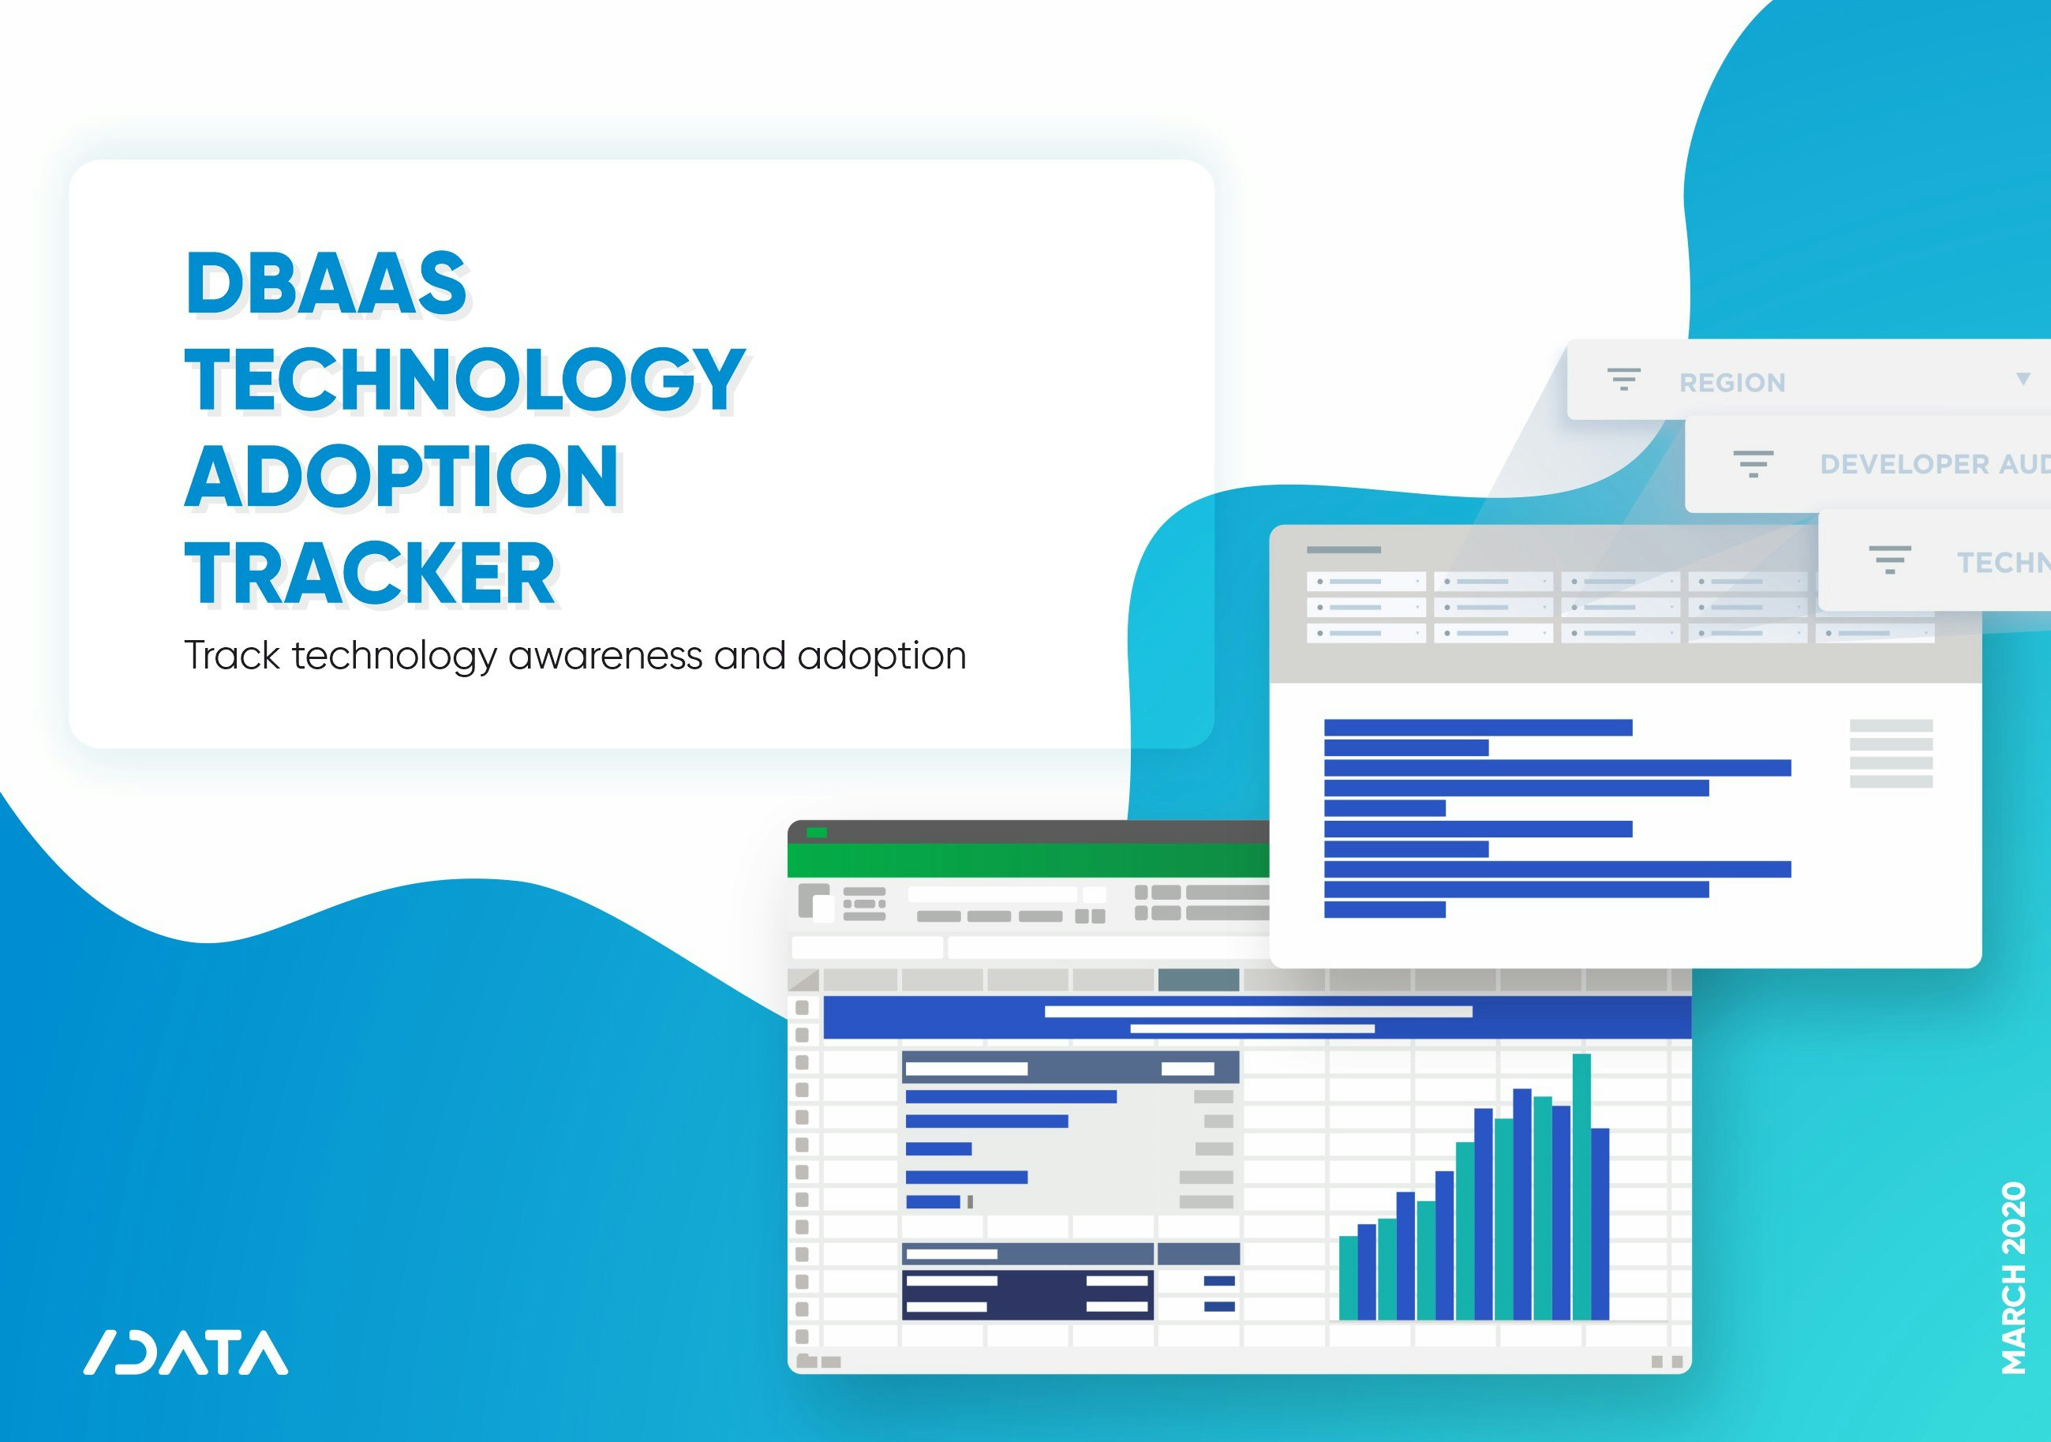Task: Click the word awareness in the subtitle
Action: pyautogui.click(x=605, y=656)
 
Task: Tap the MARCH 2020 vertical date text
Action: pyautogui.click(x=2013, y=1278)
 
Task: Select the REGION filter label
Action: pyautogui.click(x=1732, y=382)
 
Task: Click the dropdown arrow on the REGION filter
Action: pyautogui.click(x=2023, y=379)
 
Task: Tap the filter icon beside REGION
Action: pyautogui.click(x=1623, y=380)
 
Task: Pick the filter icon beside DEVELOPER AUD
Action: pyautogui.click(x=1753, y=463)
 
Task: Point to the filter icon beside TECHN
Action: pyautogui.click(x=1889, y=560)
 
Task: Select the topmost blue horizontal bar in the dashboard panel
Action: pyautogui.click(x=1477, y=727)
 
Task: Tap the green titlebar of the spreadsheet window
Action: pyautogui.click(x=1027, y=860)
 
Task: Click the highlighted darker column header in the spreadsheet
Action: pyautogui.click(x=1198, y=980)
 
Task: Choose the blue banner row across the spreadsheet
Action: pyautogui.click(x=1256, y=1018)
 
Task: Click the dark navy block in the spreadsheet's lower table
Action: pyautogui.click(x=1027, y=1294)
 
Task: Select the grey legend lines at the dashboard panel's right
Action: pyautogui.click(x=1891, y=753)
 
